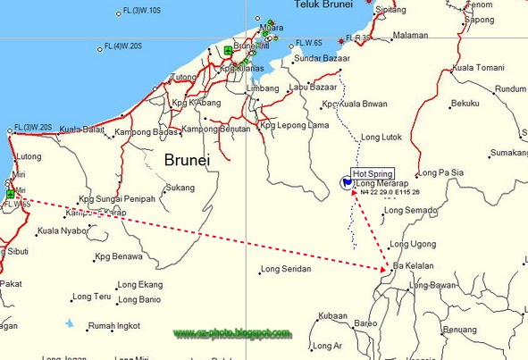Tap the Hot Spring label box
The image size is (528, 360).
pos(371,173)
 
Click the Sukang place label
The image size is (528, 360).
pos(180,188)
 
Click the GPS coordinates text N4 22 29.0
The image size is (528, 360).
pos(388,192)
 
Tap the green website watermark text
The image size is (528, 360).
pos(232,334)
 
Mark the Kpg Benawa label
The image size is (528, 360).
pos(120,256)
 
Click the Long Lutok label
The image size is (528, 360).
pos(381,137)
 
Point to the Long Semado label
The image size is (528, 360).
pos(407,211)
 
